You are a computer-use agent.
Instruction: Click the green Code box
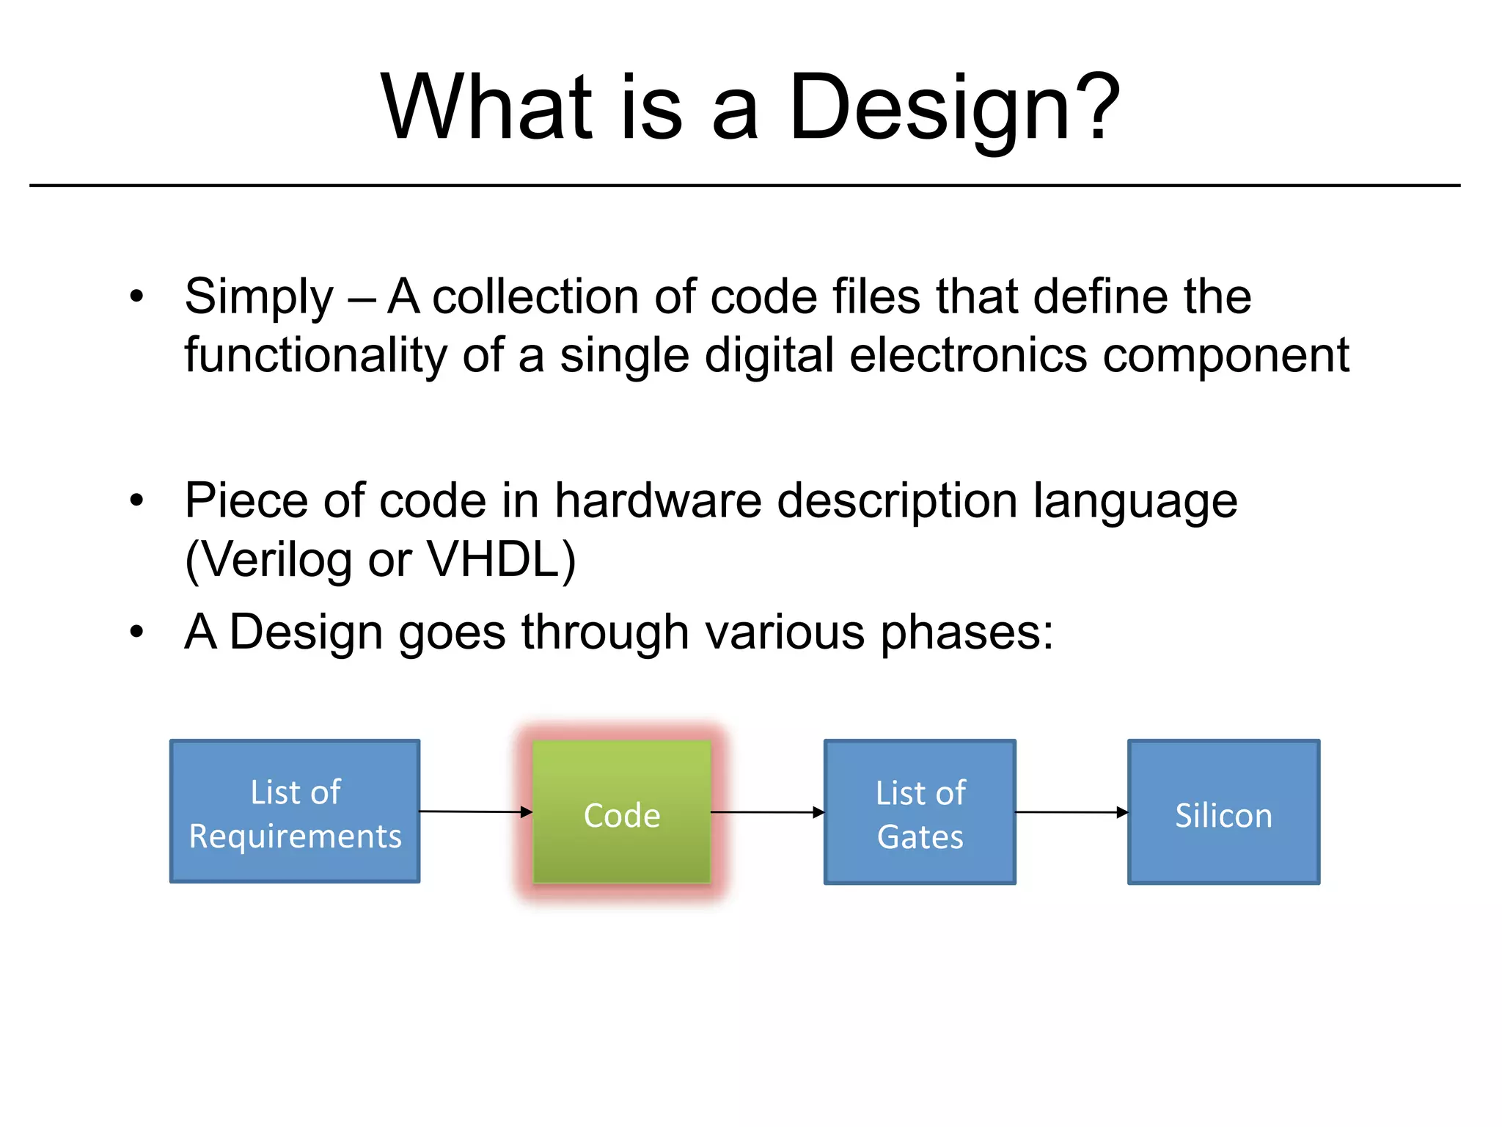click(x=621, y=811)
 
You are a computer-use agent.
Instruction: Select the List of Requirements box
click(x=295, y=811)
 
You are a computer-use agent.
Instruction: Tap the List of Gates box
click(x=920, y=812)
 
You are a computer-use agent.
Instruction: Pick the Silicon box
click(x=1223, y=812)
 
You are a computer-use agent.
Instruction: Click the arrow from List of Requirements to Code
click(x=475, y=811)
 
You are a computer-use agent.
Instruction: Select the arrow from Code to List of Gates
click(x=767, y=812)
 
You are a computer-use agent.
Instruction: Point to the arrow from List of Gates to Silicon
click(x=1071, y=812)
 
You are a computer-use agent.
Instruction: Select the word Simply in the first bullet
click(x=259, y=298)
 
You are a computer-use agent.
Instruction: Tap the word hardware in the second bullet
click(x=658, y=501)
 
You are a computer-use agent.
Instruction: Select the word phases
click(x=966, y=632)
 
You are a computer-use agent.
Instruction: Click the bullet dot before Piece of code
click(x=136, y=501)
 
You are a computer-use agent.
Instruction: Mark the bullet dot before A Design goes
click(x=136, y=632)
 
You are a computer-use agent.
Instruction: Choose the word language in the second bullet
click(x=1135, y=503)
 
